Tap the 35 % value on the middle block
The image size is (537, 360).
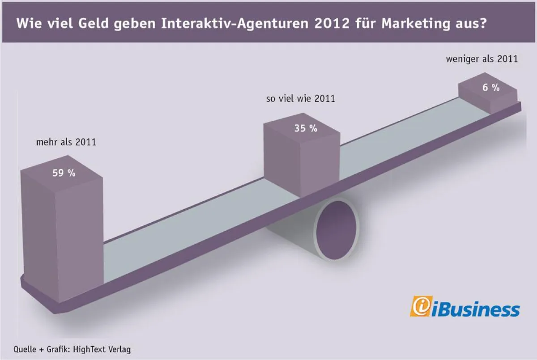(x=306, y=128)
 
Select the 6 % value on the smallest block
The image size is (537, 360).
(x=491, y=88)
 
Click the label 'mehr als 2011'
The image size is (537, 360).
(x=66, y=143)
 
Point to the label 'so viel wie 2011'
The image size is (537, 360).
(x=300, y=99)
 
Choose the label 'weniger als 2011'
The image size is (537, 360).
(x=482, y=59)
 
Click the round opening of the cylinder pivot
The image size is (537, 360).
(x=337, y=229)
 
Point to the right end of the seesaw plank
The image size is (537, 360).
(x=519, y=106)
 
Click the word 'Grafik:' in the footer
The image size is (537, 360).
(x=60, y=349)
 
